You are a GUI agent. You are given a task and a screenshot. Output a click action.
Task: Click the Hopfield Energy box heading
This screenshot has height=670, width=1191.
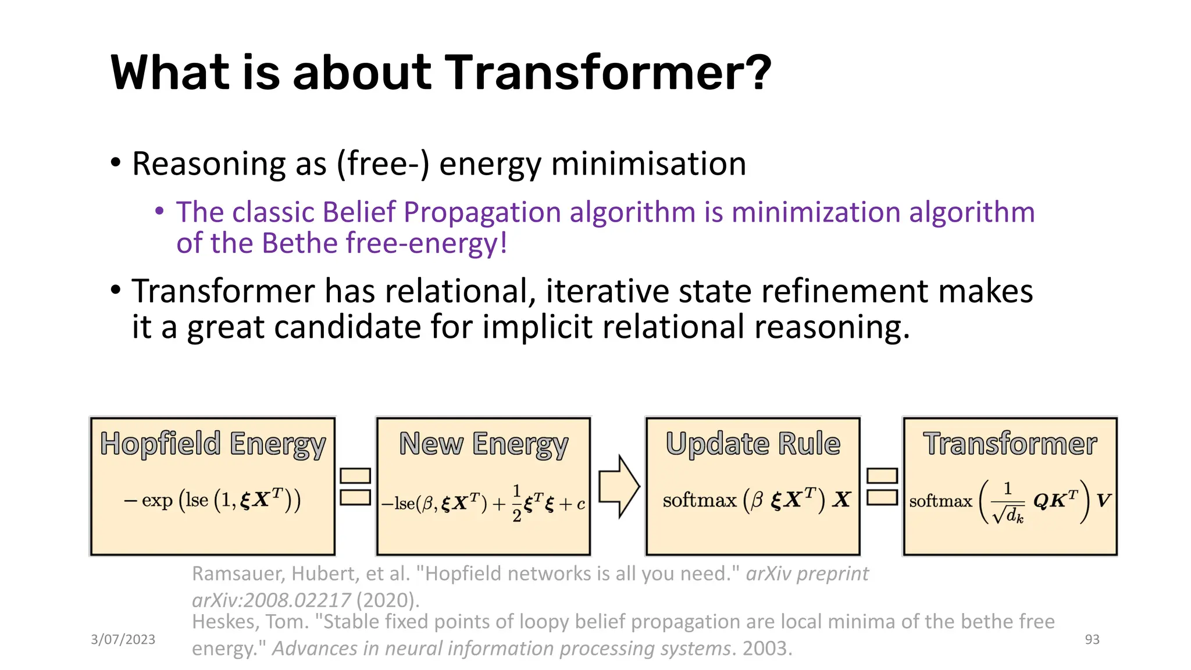(x=213, y=444)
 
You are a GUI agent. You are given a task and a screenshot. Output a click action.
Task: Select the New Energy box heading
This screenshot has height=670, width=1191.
(x=483, y=444)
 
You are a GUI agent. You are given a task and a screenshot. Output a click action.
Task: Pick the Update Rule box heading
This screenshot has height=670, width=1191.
(x=753, y=444)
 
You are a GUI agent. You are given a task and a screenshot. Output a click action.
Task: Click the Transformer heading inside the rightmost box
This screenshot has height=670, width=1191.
(x=1010, y=444)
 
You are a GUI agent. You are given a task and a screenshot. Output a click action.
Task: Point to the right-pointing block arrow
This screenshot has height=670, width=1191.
(x=619, y=486)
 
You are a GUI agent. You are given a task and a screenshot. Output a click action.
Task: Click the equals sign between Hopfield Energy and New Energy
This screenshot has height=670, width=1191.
(x=355, y=487)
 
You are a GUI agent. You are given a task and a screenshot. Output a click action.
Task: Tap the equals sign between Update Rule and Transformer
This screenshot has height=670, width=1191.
(x=882, y=487)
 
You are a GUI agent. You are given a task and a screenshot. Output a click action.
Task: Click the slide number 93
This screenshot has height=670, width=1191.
(x=1092, y=639)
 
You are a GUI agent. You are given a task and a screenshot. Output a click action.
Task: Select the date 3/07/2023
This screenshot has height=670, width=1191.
(x=123, y=639)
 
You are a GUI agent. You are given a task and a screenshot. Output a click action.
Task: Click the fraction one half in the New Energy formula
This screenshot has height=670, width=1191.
(x=516, y=503)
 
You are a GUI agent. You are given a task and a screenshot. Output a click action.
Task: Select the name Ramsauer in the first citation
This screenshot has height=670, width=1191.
(x=237, y=574)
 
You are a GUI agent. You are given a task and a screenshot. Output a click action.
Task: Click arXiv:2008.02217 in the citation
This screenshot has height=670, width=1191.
(x=271, y=600)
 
